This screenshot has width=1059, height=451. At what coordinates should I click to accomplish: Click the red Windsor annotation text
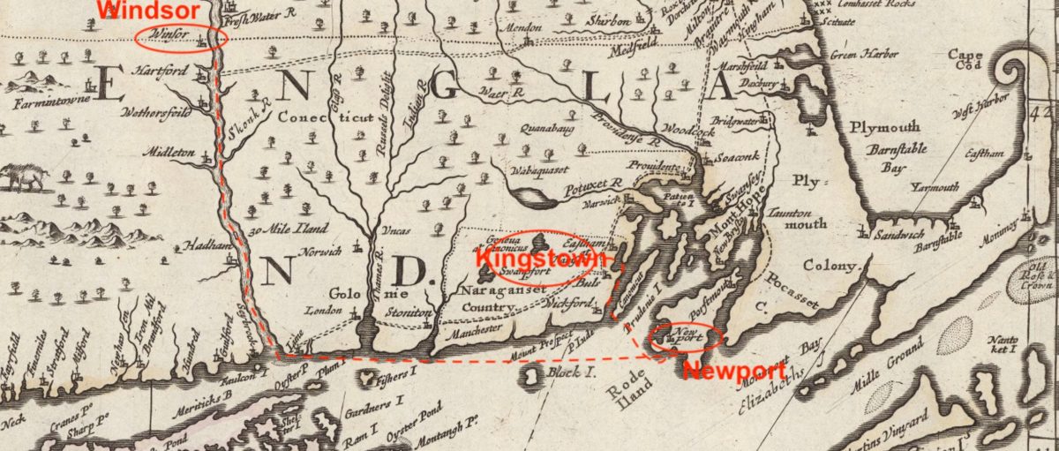139,10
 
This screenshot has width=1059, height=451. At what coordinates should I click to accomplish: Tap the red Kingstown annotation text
540,259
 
